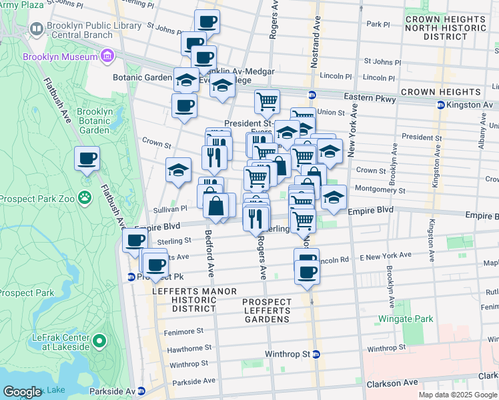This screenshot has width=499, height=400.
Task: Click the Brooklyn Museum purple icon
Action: pyautogui.click(x=107, y=57)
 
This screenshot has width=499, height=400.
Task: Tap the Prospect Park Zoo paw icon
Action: pyautogui.click(x=84, y=197)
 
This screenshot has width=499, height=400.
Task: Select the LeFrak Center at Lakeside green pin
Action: pyautogui.click(x=99, y=342)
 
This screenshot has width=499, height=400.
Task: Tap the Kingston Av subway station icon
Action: pyautogui.click(x=440, y=105)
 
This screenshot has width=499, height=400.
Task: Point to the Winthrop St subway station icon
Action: pyautogui.click(x=316, y=354)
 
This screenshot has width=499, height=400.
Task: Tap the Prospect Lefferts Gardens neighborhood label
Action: pyautogui.click(x=267, y=311)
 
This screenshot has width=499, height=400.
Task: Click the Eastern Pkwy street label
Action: pyautogui.click(x=371, y=99)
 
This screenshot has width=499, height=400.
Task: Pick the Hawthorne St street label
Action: pyautogui.click(x=189, y=348)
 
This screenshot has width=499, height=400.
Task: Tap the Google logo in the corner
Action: pyautogui.click(x=22, y=392)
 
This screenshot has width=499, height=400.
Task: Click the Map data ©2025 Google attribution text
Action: pyautogui.click(x=457, y=395)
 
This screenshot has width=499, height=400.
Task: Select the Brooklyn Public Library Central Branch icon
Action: pyautogui.click(x=35, y=29)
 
